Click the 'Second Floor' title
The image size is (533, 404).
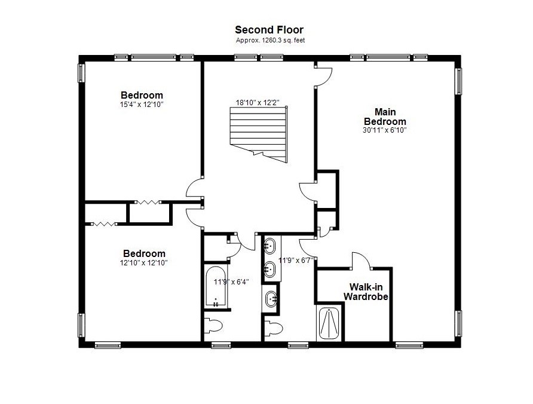click(269, 30)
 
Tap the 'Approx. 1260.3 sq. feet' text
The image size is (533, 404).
click(269, 41)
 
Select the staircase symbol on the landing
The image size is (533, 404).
click(259, 133)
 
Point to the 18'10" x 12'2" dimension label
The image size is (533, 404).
click(257, 103)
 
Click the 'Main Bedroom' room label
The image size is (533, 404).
click(385, 117)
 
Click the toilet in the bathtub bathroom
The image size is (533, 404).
click(213, 326)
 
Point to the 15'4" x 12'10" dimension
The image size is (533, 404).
click(142, 105)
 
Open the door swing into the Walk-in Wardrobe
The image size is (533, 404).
click(362, 261)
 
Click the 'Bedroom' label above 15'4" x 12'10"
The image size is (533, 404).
click(142, 95)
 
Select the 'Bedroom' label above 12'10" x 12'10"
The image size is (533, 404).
click(144, 253)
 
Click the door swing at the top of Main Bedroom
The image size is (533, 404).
click(323, 74)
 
